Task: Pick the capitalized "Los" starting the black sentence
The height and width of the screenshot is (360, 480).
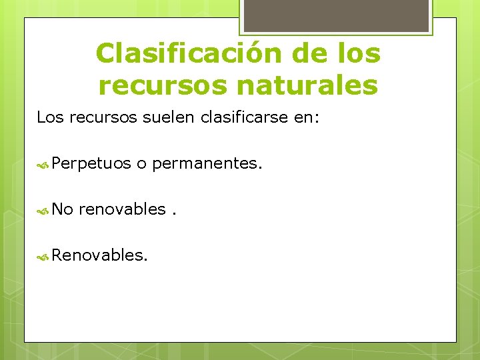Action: pyautogui.click(x=50, y=118)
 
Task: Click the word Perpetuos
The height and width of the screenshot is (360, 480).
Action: pyautogui.click(x=91, y=163)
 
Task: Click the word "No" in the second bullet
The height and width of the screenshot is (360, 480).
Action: pyautogui.click(x=62, y=209)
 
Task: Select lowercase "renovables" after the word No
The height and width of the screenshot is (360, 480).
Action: pyautogui.click(x=121, y=209)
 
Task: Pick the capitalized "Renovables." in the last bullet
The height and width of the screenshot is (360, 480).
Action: pyautogui.click(x=99, y=254)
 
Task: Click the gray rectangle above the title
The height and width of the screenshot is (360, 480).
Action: pyautogui.click(x=335, y=15)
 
